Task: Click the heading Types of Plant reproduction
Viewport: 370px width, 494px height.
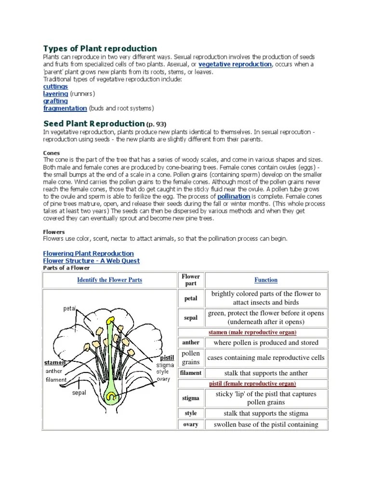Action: [x=100, y=48]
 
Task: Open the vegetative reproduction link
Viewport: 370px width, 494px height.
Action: [x=235, y=64]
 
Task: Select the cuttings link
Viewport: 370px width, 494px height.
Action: [x=55, y=86]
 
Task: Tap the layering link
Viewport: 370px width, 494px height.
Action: [x=55, y=94]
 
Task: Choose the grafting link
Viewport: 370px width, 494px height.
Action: [x=55, y=101]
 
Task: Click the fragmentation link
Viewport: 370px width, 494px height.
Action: [x=65, y=108]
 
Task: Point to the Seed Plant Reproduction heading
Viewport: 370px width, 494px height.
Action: [x=94, y=123]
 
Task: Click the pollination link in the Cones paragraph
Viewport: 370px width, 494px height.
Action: [x=234, y=197]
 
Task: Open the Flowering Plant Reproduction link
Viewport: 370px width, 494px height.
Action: [x=89, y=253]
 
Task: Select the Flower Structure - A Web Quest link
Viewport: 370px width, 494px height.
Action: [x=92, y=261]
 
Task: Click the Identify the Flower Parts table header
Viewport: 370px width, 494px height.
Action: [x=110, y=280]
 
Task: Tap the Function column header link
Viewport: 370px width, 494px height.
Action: [x=266, y=280]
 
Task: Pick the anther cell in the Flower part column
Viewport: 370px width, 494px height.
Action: [x=191, y=343]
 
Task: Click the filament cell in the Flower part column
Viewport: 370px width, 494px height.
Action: [x=191, y=373]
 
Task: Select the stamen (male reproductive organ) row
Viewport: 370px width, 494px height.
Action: [x=252, y=332]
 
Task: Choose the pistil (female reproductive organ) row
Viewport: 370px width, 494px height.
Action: [x=252, y=384]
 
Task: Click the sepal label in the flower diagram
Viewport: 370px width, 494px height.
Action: [x=79, y=393]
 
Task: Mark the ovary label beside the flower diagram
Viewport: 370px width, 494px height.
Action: [x=164, y=379]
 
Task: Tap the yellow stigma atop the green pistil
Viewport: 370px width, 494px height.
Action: [x=111, y=320]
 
